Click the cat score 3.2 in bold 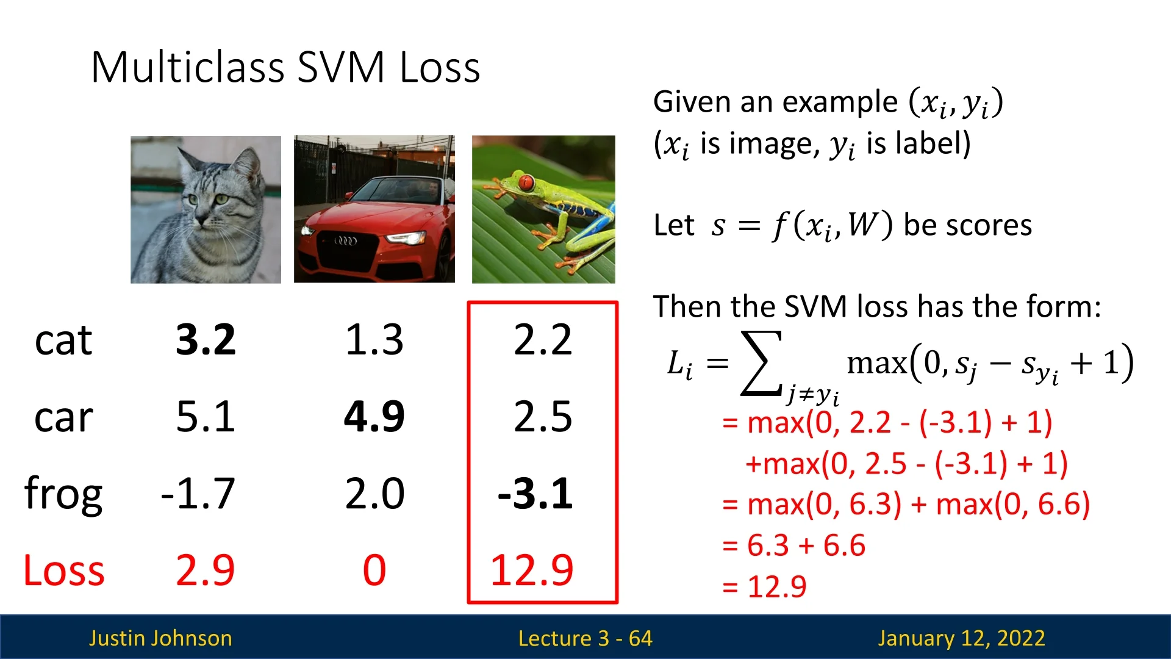206,339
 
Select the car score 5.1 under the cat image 206,417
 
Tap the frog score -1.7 198,494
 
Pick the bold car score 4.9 374,417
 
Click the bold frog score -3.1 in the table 535,494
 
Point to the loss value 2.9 206,571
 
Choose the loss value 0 374,571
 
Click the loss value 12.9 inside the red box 532,571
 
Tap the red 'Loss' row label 64,571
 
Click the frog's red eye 526,181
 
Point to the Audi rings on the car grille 345,241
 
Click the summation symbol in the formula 761,362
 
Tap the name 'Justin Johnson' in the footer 160,638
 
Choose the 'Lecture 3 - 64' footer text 585,638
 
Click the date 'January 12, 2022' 962,638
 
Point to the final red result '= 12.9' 764,587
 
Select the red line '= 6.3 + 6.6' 793,546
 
